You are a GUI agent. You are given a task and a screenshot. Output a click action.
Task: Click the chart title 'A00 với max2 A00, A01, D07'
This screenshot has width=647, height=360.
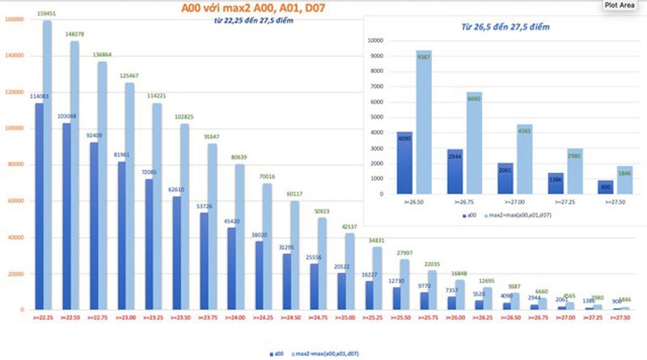click(x=248, y=10)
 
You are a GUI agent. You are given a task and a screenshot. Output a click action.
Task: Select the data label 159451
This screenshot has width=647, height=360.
click(x=47, y=14)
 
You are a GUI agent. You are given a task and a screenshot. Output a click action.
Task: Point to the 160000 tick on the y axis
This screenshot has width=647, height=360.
click(x=14, y=19)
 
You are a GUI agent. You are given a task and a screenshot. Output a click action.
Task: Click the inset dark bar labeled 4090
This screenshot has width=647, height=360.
click(x=404, y=163)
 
